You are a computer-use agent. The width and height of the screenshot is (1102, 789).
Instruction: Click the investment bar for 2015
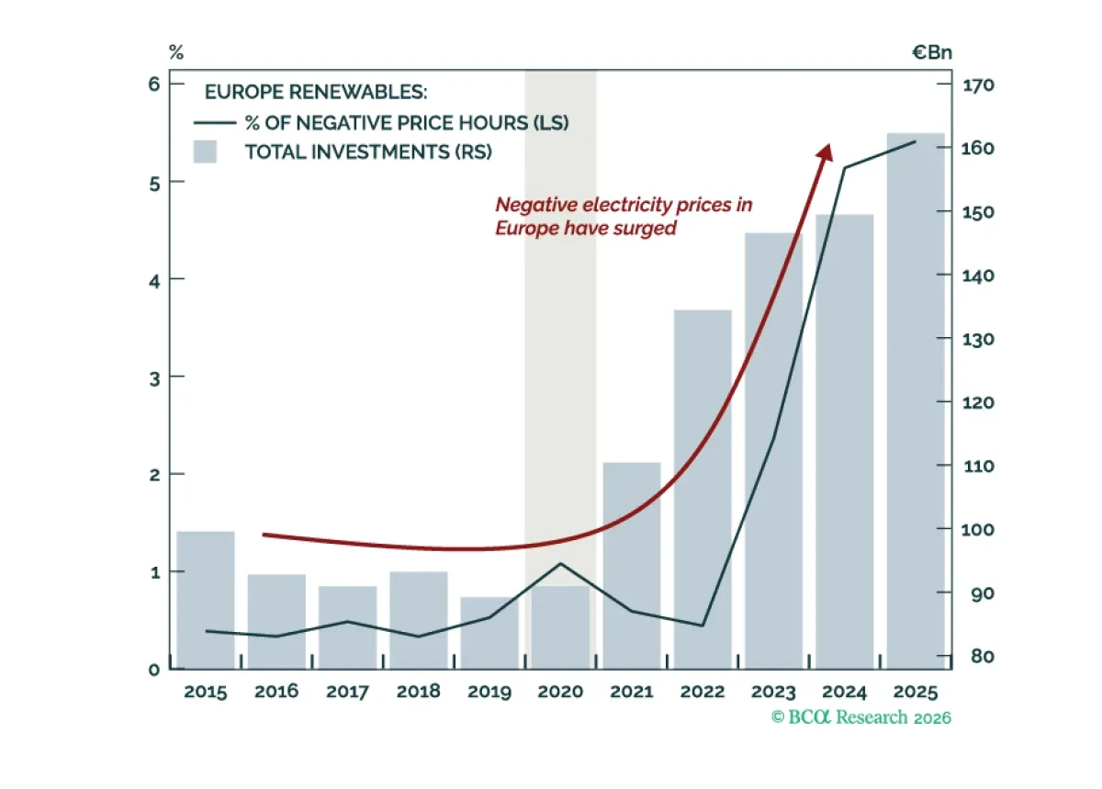point(206,600)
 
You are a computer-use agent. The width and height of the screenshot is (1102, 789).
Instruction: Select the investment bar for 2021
point(632,566)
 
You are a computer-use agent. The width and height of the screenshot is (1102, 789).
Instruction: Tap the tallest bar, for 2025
point(916,401)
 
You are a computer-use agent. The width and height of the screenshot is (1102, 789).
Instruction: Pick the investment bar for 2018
point(419,620)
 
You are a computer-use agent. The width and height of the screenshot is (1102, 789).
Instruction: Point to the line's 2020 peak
point(560,564)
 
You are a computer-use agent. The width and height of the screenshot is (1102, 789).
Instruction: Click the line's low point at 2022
point(702,626)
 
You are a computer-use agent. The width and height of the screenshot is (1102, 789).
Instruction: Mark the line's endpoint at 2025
point(916,141)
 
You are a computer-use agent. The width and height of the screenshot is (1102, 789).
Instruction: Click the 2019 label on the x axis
point(489,692)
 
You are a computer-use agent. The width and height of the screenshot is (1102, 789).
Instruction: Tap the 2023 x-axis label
point(773,692)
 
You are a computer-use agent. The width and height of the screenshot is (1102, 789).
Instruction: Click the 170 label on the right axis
point(977,85)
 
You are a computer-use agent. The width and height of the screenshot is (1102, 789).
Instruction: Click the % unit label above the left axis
point(176,51)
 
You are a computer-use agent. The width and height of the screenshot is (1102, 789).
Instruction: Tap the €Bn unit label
point(932,52)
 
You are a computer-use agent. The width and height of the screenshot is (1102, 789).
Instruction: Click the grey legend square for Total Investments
point(205,152)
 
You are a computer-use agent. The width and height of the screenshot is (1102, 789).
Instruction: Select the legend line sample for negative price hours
point(215,122)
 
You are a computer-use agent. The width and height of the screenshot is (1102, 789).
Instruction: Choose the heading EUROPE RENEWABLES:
point(316,92)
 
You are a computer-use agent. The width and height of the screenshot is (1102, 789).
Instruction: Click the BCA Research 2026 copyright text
point(861,717)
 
